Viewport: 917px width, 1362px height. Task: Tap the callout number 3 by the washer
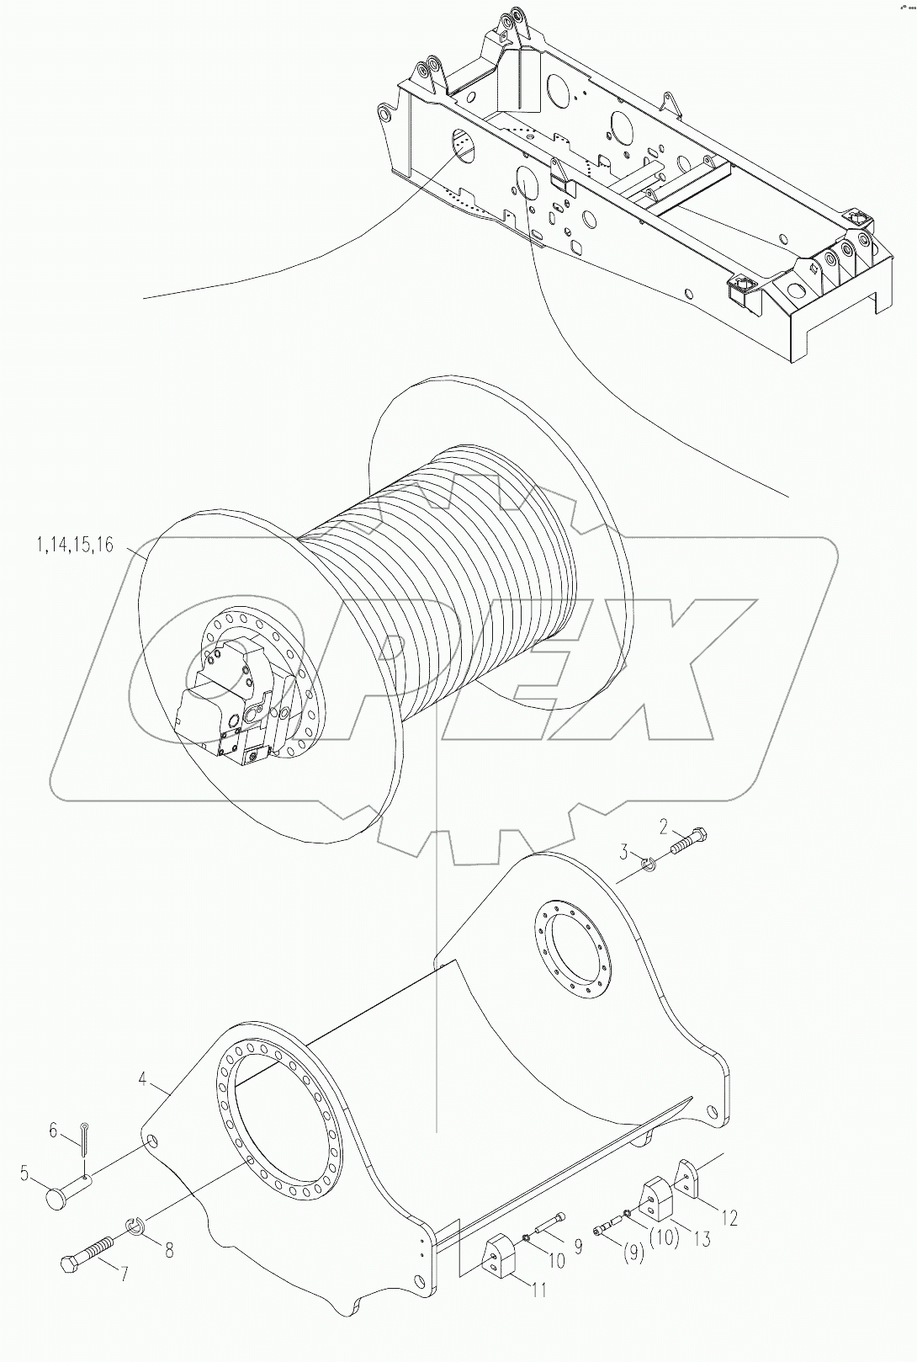[624, 853]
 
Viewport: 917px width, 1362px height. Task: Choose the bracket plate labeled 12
[687, 1179]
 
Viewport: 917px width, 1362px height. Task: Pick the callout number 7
[124, 1274]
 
